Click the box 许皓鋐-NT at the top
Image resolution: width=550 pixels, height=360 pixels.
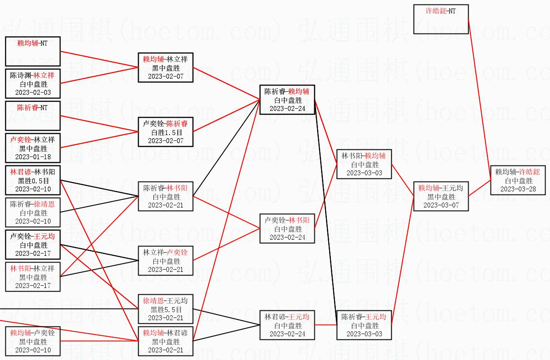441,19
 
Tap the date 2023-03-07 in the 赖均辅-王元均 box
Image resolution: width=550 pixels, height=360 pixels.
441,205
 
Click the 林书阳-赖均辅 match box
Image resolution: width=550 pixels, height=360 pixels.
364,164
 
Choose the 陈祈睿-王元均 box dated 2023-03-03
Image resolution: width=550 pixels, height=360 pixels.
364,325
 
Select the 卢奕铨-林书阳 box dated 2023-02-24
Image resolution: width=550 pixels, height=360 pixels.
287,229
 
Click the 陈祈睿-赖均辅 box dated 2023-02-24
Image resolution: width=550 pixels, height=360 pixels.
287,100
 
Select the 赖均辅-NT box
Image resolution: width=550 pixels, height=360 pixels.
33,51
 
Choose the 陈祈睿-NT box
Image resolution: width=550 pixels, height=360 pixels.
33,115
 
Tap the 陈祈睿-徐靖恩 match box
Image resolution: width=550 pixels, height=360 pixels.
33,212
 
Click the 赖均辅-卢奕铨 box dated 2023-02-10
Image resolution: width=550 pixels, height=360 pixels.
33,341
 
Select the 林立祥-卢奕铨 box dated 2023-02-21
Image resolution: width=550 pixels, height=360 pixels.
165,261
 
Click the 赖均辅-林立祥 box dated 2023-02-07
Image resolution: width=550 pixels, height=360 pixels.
165,68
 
